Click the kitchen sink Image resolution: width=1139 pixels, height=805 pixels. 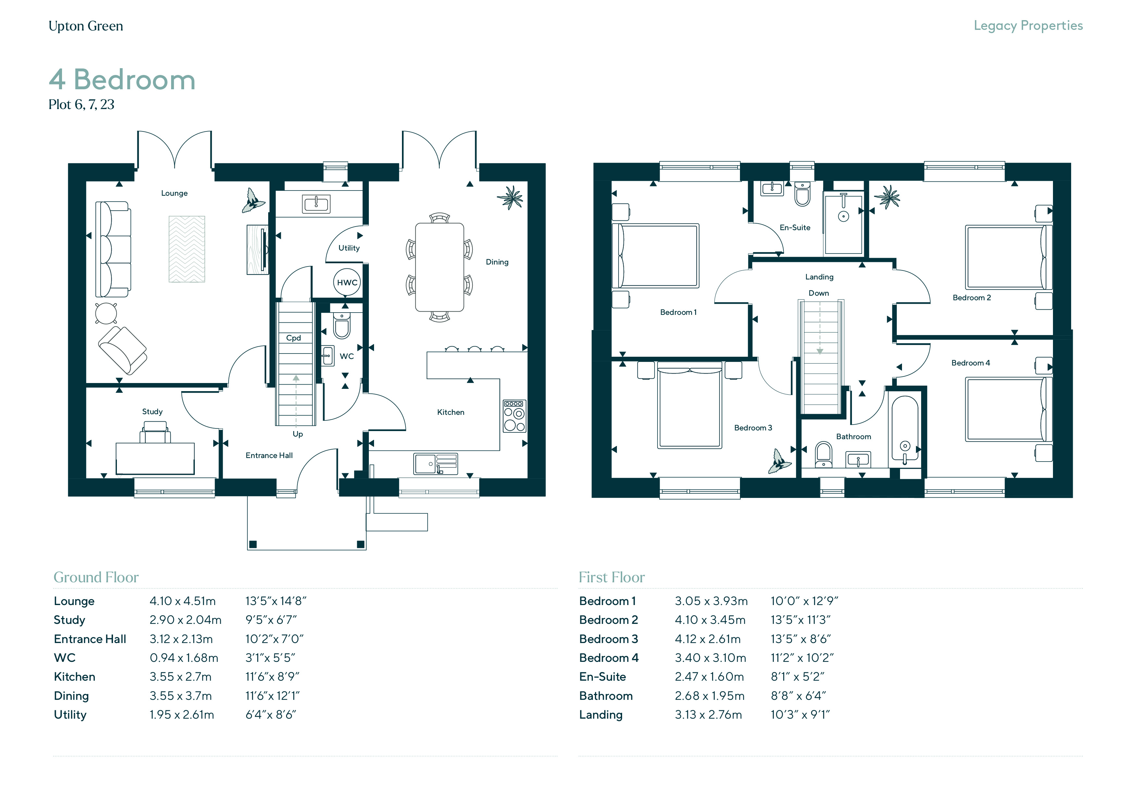435,464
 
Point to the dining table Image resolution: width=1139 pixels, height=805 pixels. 440,267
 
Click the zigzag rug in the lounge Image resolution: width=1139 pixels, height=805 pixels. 186,249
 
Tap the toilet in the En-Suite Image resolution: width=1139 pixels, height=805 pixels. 802,193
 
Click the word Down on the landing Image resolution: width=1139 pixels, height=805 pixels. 819,293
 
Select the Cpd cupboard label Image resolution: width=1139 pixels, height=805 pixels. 293,338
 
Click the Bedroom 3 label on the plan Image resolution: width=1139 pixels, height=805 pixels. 753,427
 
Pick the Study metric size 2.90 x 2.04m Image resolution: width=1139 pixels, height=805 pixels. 185,620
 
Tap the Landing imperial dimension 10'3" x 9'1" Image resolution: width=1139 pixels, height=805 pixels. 800,715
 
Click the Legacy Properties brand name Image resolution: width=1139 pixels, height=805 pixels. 1028,26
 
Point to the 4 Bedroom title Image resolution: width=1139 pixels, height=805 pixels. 122,79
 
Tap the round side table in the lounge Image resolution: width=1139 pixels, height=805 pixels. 106,313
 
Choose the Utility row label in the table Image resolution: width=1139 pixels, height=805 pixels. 70,715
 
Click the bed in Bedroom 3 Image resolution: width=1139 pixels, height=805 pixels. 690,405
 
